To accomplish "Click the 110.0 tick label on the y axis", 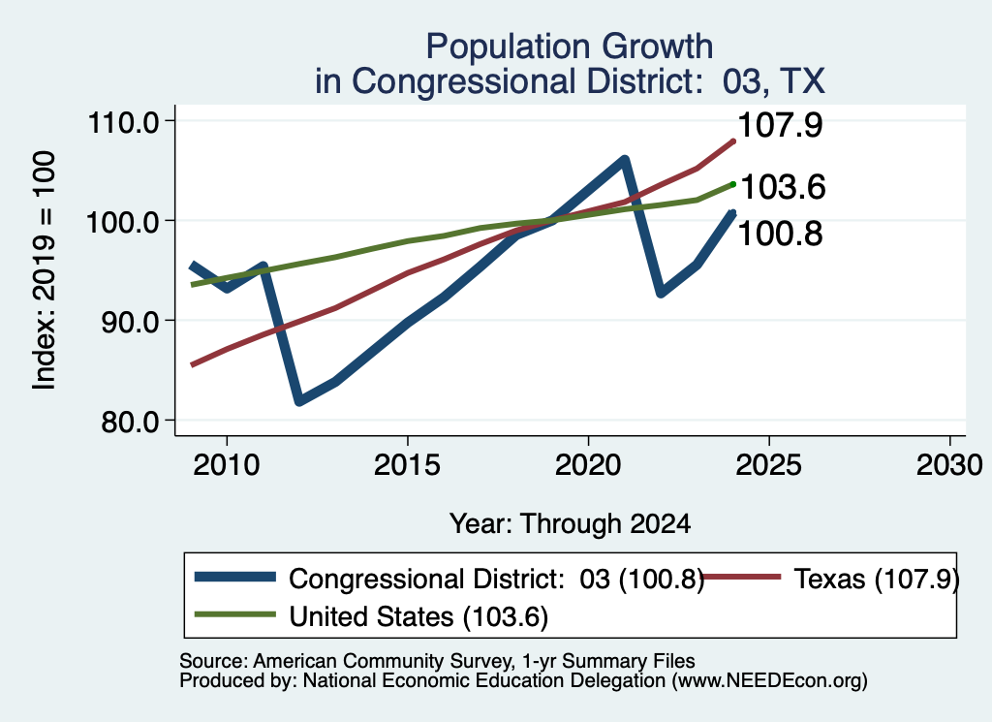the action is point(123,122).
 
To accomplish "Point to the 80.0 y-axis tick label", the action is point(131,422).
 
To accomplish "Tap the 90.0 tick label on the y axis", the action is point(131,322).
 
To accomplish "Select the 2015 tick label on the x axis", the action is point(408,466).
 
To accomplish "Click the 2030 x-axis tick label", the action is point(949,466).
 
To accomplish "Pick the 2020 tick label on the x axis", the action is point(588,466).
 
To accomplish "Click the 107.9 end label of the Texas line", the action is point(780,125).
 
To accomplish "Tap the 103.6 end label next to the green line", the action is point(783,187).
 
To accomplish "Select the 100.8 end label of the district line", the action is point(780,234).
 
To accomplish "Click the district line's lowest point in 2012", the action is point(299,400).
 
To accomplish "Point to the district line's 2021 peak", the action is point(625,160).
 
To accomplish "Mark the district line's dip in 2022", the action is point(661,293).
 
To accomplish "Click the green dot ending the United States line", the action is point(733,184).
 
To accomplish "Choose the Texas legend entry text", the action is point(877,579).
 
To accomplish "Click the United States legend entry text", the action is point(418,617).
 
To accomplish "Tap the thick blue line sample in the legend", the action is point(235,577).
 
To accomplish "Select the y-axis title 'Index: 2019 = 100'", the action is point(44,270).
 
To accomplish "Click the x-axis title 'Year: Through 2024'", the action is point(570,524).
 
